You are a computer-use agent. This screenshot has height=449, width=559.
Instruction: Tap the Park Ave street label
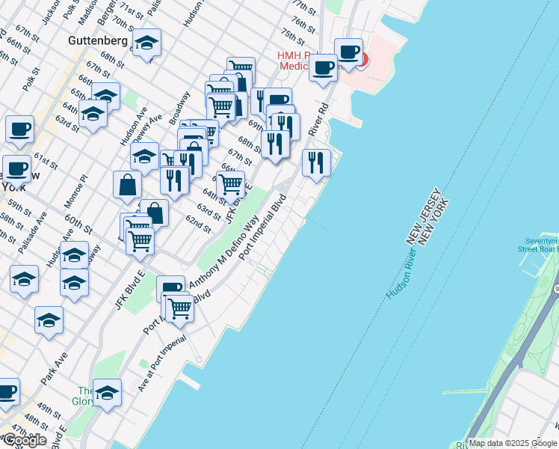[x=54, y=368]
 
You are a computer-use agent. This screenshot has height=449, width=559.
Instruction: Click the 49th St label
[x=49, y=409]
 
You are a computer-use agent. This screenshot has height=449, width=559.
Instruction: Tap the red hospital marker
[x=362, y=58]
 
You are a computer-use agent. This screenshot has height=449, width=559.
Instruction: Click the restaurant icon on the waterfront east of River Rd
[x=316, y=162]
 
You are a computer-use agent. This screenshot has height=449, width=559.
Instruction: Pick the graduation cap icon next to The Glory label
[x=108, y=394]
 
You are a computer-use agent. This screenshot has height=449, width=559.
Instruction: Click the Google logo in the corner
[x=24, y=440]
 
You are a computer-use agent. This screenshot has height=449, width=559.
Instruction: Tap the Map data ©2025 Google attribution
[x=512, y=443]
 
